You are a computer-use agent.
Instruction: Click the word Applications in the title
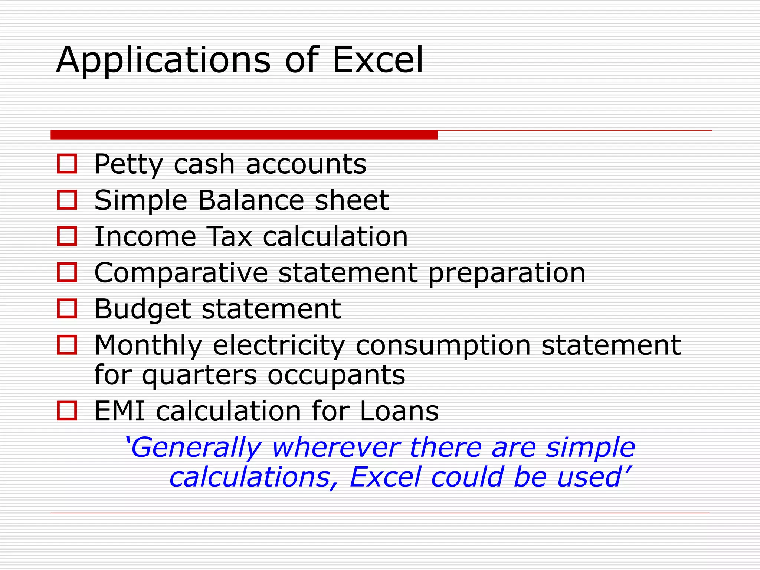coord(163,60)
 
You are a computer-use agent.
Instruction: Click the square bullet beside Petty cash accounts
coord(67,164)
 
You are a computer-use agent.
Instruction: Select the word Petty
coord(128,164)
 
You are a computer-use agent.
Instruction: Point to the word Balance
coord(251,200)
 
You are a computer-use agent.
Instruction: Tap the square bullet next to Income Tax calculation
coord(67,236)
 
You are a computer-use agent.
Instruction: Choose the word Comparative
coord(181,273)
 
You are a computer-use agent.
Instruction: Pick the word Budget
coord(142,309)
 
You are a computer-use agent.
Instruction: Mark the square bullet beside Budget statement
coord(67,308)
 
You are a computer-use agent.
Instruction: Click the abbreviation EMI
coord(119,411)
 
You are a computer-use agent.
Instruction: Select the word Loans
coord(399,411)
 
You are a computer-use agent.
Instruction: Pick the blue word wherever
coord(336,448)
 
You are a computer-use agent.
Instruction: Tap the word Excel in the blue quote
coord(385,477)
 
